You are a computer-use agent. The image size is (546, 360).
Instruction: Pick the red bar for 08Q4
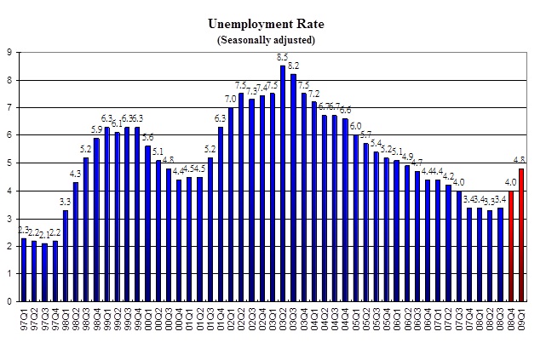click(x=511, y=246)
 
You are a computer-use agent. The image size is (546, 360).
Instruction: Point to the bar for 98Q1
click(x=66, y=255)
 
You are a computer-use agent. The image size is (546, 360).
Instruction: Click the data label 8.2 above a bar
click(x=293, y=66)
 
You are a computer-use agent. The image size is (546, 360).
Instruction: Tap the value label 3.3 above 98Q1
click(x=66, y=202)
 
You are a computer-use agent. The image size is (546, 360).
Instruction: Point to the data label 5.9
click(x=96, y=129)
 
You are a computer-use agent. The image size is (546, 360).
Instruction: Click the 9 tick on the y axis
click(x=9, y=53)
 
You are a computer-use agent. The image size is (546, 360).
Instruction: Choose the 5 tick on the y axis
click(x=9, y=163)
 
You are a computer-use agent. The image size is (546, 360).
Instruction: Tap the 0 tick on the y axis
click(x=9, y=301)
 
